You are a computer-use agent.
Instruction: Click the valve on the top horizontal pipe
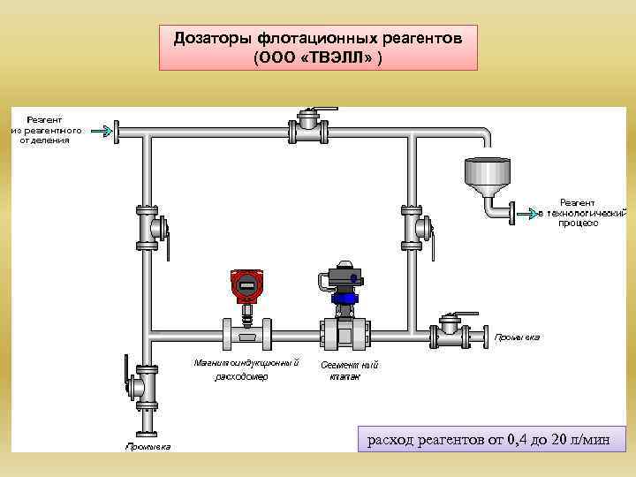pyautogui.click(x=311, y=129)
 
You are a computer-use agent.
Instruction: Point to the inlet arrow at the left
pyautogui.click(x=102, y=132)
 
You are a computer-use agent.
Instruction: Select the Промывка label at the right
pyautogui.click(x=517, y=337)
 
